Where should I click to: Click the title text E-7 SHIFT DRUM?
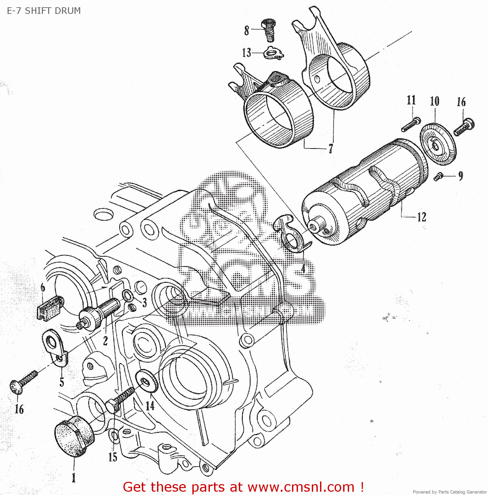pyautogui.click(x=44, y=11)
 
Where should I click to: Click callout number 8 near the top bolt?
pyautogui.click(x=246, y=30)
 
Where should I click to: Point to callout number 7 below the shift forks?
pyautogui.click(x=330, y=149)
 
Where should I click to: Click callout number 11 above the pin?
pyautogui.click(x=411, y=100)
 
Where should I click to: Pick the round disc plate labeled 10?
pyautogui.click(x=438, y=144)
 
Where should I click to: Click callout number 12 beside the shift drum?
pyautogui.click(x=421, y=217)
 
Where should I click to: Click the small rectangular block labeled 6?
pyautogui.click(x=50, y=308)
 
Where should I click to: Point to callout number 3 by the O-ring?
pyautogui.click(x=144, y=302)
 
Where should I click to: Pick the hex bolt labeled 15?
pyautogui.click(x=120, y=399)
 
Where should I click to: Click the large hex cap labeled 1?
pyautogui.click(x=74, y=436)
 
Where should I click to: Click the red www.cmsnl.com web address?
pyautogui.click(x=301, y=487)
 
